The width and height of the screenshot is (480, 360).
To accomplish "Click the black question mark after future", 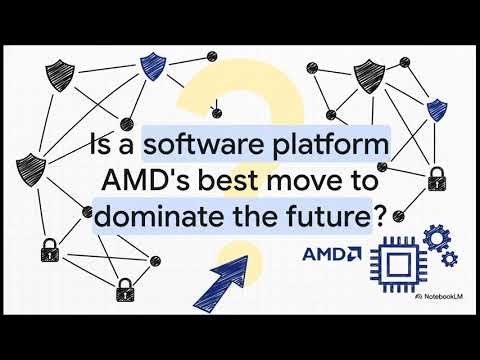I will click(376, 217).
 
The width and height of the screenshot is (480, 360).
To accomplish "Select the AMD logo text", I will click(332, 254).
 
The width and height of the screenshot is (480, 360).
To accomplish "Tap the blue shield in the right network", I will click(435, 110).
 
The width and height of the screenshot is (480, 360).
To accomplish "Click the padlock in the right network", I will click(436, 181).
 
